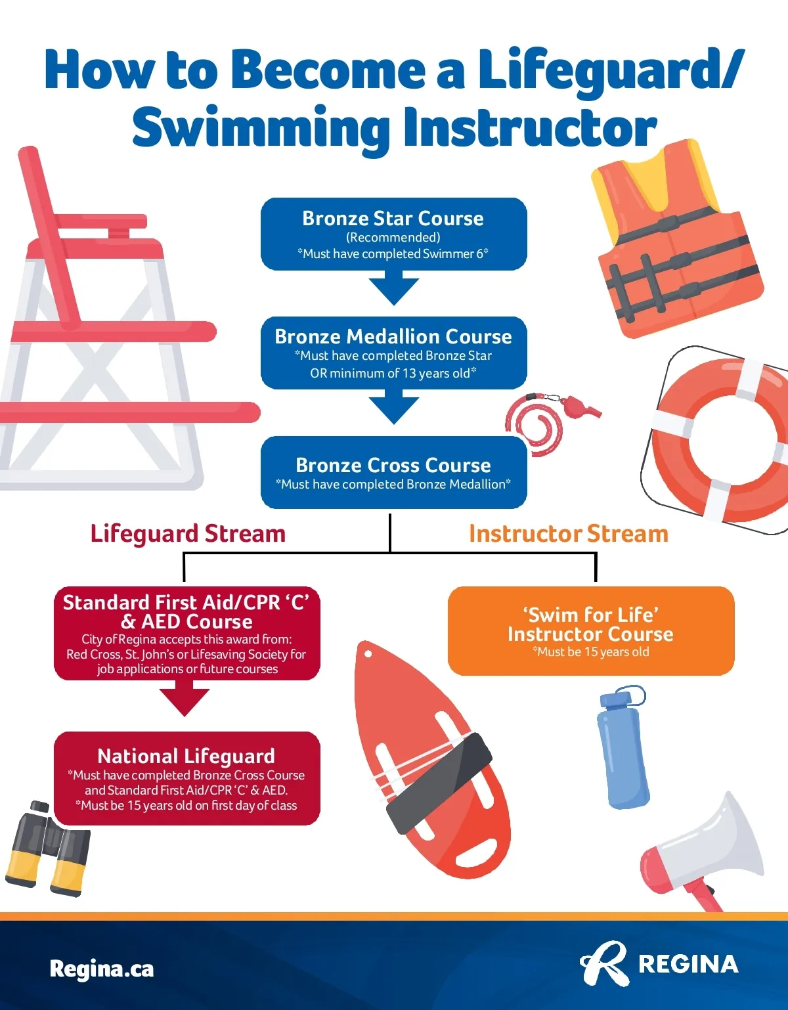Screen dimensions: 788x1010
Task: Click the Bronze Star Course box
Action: (393, 234)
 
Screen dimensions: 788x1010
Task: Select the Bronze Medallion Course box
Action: (393, 353)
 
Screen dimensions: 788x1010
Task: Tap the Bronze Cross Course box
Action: (393, 472)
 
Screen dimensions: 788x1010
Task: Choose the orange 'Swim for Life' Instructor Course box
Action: (591, 630)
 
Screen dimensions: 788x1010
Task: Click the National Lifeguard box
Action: (186, 779)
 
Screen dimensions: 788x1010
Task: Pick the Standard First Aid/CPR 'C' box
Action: (186, 634)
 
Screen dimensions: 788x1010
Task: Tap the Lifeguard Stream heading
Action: (188, 534)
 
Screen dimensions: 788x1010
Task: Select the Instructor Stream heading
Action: (569, 534)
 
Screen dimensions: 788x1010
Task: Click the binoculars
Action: (47, 848)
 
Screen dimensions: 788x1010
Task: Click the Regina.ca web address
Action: (102, 969)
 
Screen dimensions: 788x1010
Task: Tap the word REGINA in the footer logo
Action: (688, 965)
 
